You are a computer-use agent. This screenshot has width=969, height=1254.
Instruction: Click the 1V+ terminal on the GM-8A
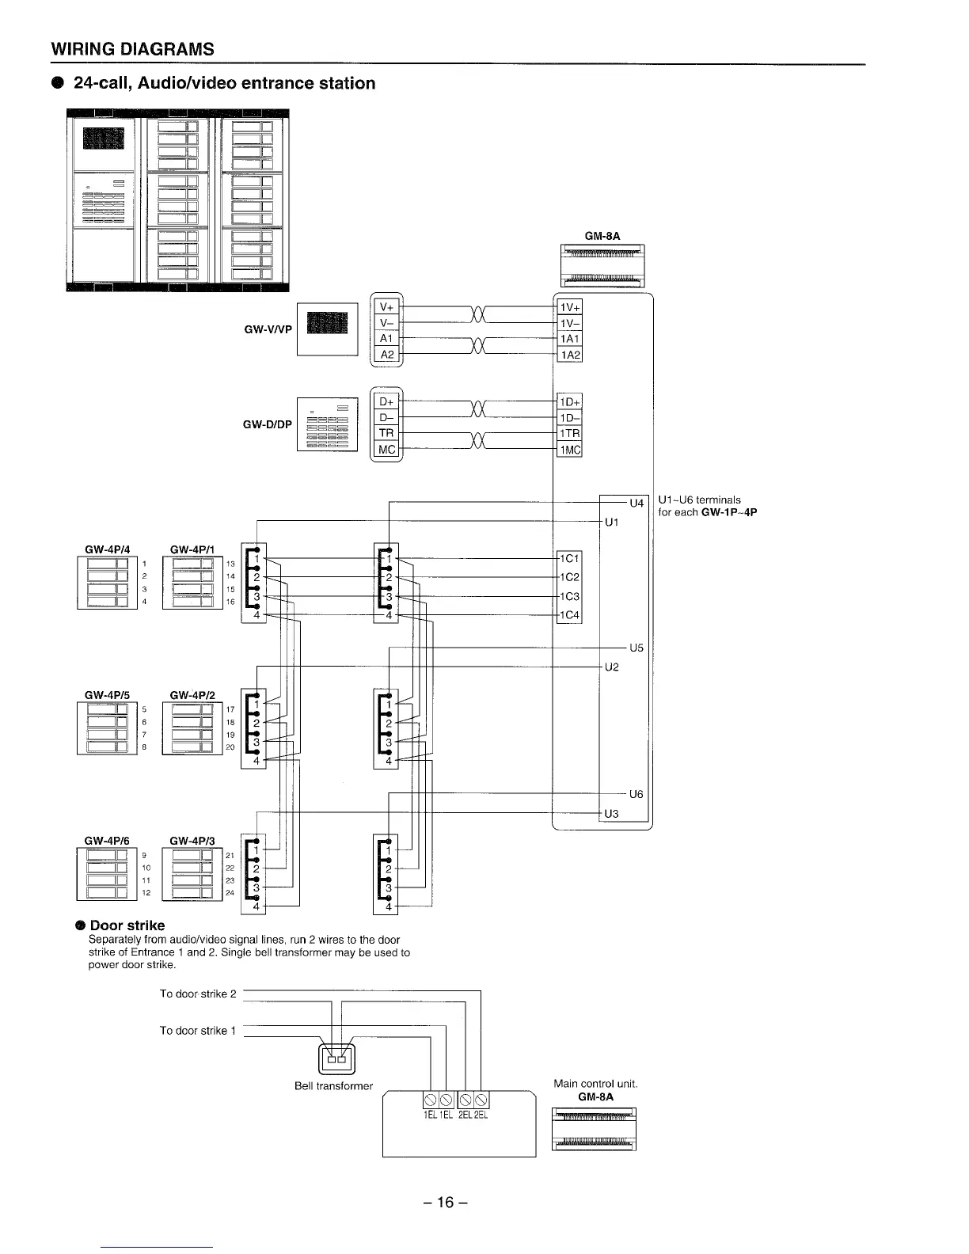click(569, 307)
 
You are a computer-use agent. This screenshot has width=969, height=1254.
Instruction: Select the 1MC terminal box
click(569, 450)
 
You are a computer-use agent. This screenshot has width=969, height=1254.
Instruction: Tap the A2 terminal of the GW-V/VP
click(387, 355)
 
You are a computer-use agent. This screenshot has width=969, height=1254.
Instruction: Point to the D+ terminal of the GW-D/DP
click(387, 401)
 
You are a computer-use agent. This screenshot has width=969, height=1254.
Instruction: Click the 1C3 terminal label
click(569, 596)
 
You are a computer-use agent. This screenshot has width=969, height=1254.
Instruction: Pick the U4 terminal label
click(637, 503)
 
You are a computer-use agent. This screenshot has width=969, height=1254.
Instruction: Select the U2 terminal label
click(612, 667)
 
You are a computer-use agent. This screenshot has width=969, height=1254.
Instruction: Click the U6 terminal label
click(637, 794)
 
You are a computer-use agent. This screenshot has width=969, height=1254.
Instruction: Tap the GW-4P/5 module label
click(107, 695)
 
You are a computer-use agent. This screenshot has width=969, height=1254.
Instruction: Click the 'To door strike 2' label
click(198, 994)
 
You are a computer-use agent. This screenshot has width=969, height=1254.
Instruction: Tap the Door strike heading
click(127, 925)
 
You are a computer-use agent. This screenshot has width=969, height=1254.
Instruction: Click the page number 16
click(446, 1203)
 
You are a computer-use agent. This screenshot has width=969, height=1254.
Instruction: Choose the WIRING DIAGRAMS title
click(132, 49)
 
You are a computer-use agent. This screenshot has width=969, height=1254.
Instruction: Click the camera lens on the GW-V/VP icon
click(327, 323)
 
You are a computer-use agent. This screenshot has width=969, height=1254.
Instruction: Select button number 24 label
click(230, 893)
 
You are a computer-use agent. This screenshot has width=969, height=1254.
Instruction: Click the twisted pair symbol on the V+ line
click(478, 314)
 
